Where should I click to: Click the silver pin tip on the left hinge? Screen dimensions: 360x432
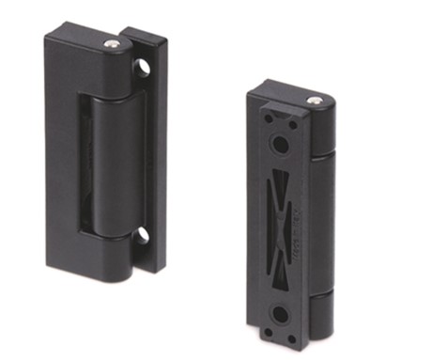pyautogui.click(x=113, y=44)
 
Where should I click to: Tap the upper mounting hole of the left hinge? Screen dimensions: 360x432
pyautogui.click(x=142, y=67)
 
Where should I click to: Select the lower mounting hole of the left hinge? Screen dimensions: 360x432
pyautogui.click(x=141, y=235)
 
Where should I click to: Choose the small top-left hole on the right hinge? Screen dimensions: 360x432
pyautogui.click(x=268, y=120)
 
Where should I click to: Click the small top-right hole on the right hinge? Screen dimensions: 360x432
pyautogui.click(x=293, y=123)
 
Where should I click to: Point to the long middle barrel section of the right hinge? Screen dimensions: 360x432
pyautogui.click(x=320, y=226)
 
